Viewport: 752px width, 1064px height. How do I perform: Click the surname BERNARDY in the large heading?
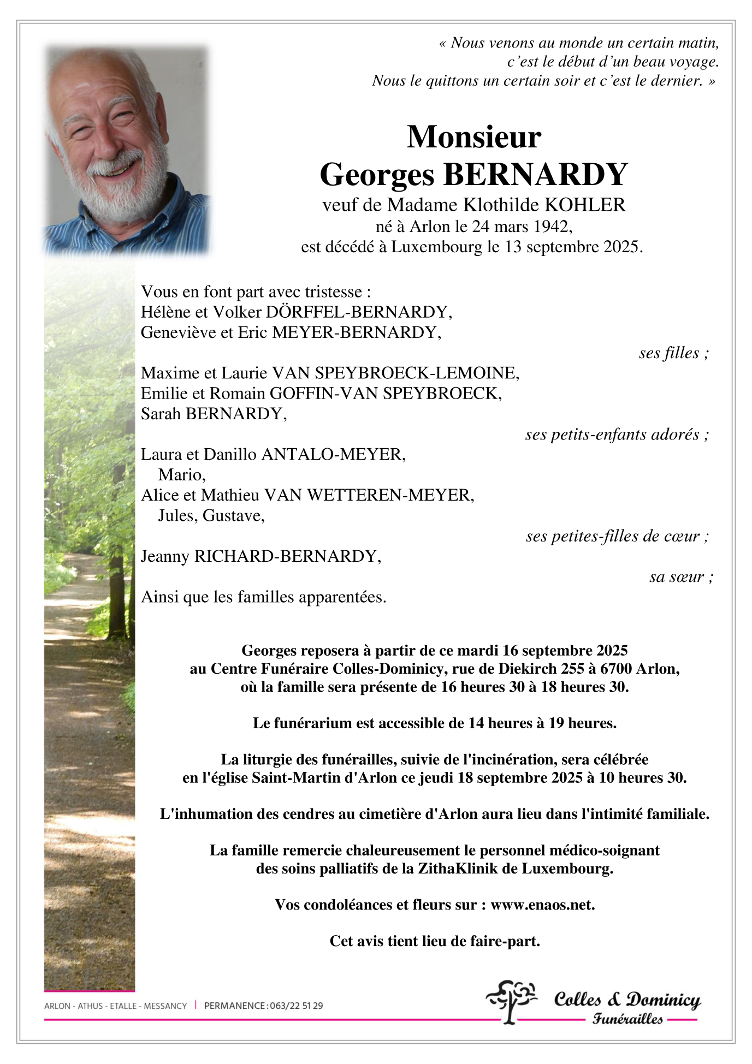point(535,175)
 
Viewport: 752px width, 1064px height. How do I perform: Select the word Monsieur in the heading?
point(473,136)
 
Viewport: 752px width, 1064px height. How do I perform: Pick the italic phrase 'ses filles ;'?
point(673,353)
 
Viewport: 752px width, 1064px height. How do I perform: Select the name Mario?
point(181,475)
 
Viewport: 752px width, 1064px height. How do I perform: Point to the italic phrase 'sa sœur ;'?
point(680,577)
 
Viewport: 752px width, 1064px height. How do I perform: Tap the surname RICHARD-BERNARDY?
point(287,557)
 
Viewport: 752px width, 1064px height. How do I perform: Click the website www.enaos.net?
point(542,905)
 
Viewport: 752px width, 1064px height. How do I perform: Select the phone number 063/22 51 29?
point(296,1006)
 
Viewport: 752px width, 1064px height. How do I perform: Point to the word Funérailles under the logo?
point(627,1019)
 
